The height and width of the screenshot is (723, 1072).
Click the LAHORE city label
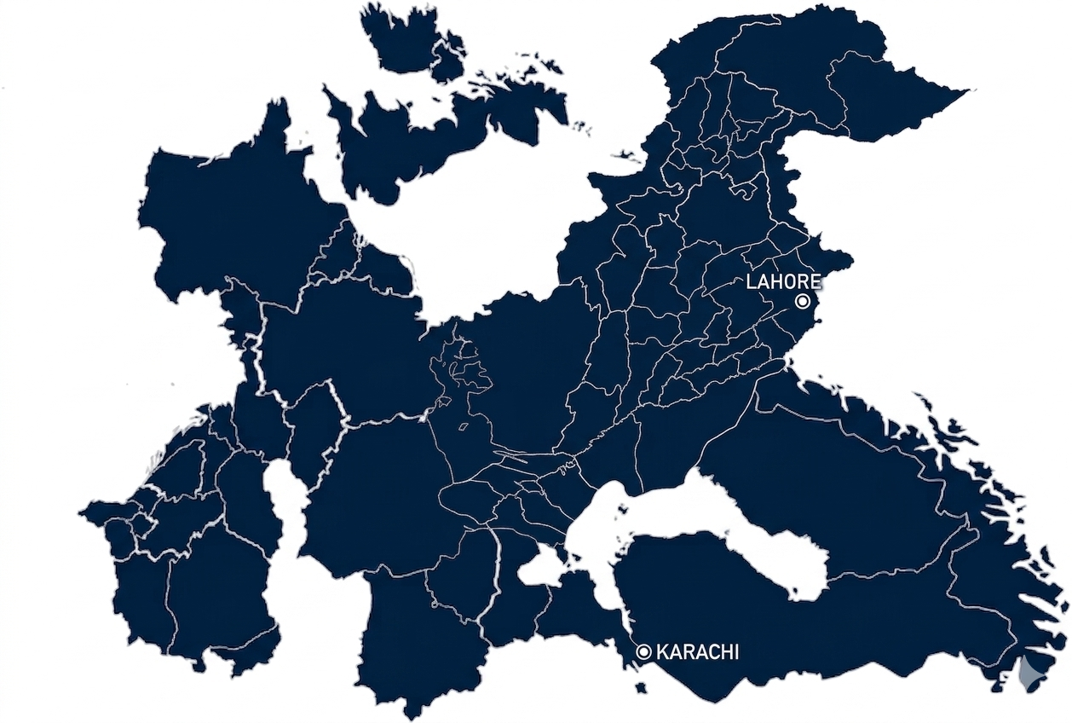tap(783, 282)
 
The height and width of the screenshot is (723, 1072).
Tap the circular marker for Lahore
tap(802, 301)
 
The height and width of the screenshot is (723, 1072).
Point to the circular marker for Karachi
tap(644, 652)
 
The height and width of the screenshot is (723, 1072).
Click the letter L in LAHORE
tap(752, 282)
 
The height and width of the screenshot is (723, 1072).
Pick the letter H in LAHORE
tap(777, 282)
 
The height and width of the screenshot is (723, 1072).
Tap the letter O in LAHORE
tap(790, 282)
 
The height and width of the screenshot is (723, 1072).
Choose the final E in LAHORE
tap(816, 282)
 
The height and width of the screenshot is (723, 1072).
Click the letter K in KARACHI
tap(662, 652)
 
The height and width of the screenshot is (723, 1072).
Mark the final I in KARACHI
tap(735, 652)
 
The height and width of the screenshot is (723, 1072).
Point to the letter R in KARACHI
tap(689, 652)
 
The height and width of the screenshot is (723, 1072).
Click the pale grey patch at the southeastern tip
tap(1031, 674)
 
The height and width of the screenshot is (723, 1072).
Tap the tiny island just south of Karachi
tap(641, 687)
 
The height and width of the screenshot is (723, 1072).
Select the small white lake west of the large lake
tap(539, 570)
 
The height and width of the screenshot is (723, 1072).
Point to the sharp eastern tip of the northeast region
tap(968, 90)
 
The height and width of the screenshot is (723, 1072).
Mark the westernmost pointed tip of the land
tap(82, 514)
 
